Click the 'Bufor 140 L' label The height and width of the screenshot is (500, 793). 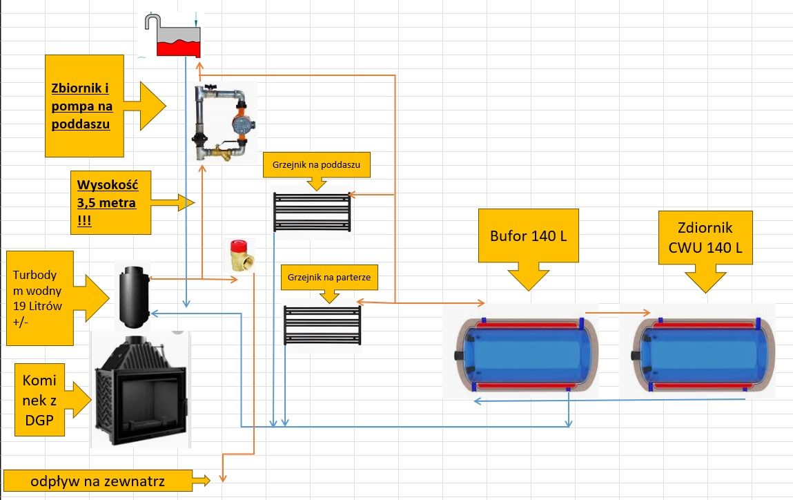point(529,235)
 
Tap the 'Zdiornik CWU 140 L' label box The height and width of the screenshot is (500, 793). point(705,238)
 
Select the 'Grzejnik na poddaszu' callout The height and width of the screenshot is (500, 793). point(317,165)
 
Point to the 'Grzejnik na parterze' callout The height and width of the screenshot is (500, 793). point(329,278)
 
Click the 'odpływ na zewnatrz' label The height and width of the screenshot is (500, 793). point(97,481)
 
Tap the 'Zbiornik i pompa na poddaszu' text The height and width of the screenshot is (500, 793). point(81,106)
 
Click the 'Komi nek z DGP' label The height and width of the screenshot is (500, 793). point(39,400)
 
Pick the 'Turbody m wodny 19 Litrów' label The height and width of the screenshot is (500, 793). point(37,298)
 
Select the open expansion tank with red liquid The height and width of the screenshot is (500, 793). point(173,35)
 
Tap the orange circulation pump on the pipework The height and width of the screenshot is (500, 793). point(241,123)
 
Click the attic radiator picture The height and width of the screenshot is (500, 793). point(312,211)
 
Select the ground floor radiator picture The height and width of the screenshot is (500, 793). point(322,325)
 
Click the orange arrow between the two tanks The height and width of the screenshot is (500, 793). point(618,313)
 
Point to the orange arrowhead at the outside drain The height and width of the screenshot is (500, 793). point(222,477)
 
